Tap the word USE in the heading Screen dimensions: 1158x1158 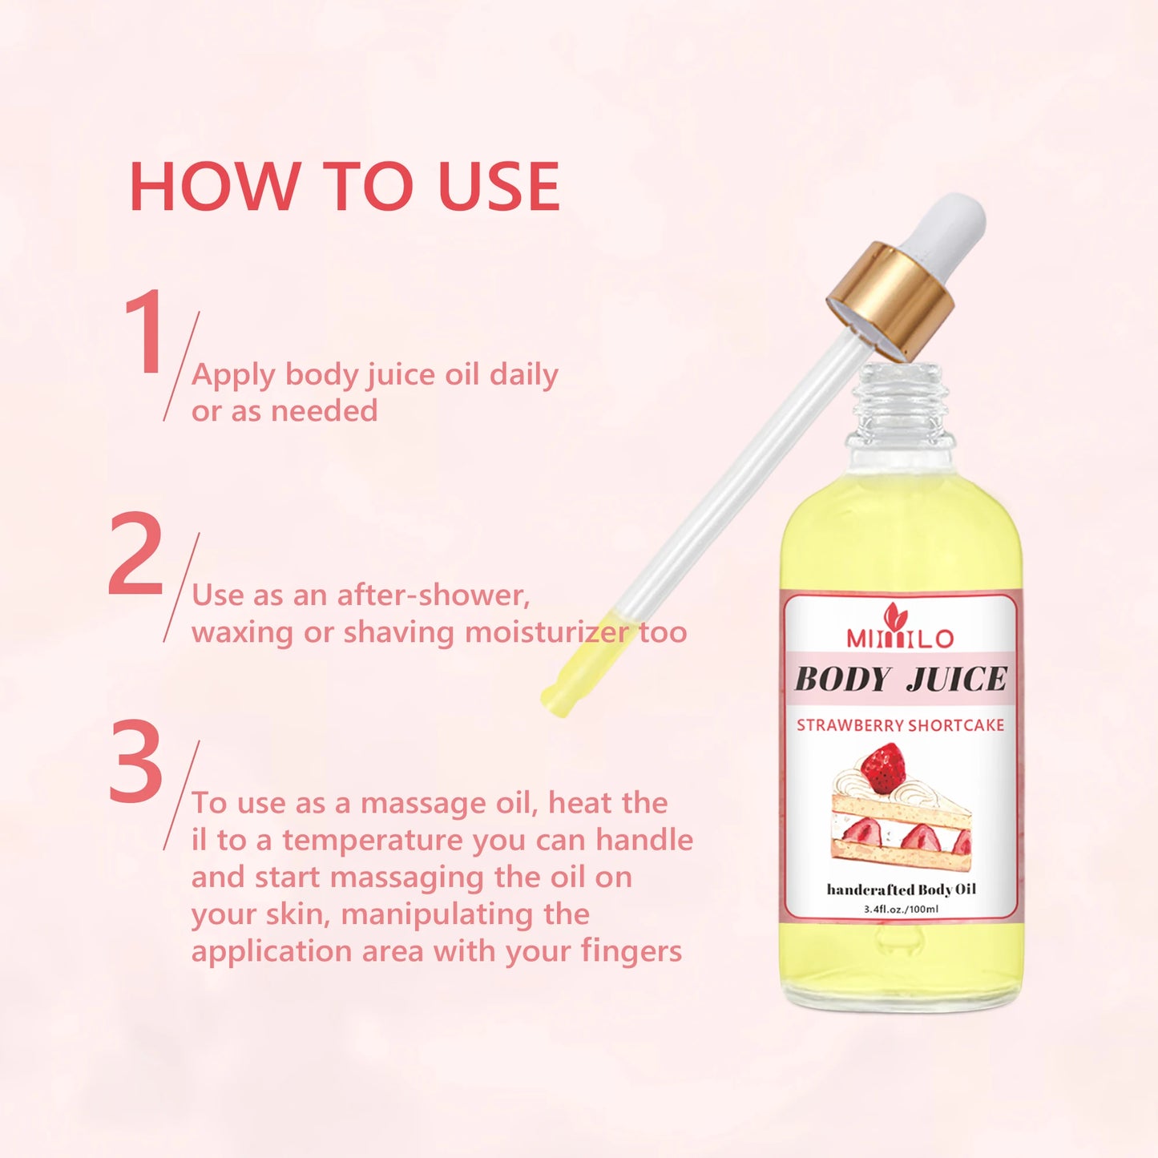[498, 187]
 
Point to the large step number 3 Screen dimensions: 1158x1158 [136, 763]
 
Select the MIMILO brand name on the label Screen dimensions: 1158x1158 [900, 638]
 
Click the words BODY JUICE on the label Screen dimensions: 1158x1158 [900, 680]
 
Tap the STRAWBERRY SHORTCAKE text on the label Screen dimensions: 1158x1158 [900, 725]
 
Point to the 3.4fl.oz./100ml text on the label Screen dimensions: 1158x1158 [901, 909]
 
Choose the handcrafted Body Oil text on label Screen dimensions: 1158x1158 [901, 890]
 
